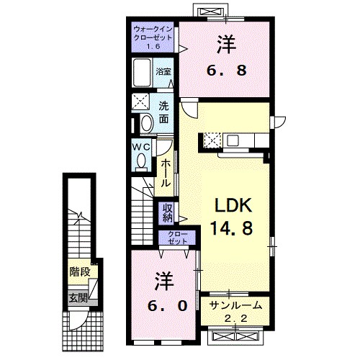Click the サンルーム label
click(x=235, y=305)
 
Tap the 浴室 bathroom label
click(x=164, y=71)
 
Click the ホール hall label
click(x=166, y=174)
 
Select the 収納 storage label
click(x=166, y=213)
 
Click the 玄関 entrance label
click(x=78, y=297)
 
